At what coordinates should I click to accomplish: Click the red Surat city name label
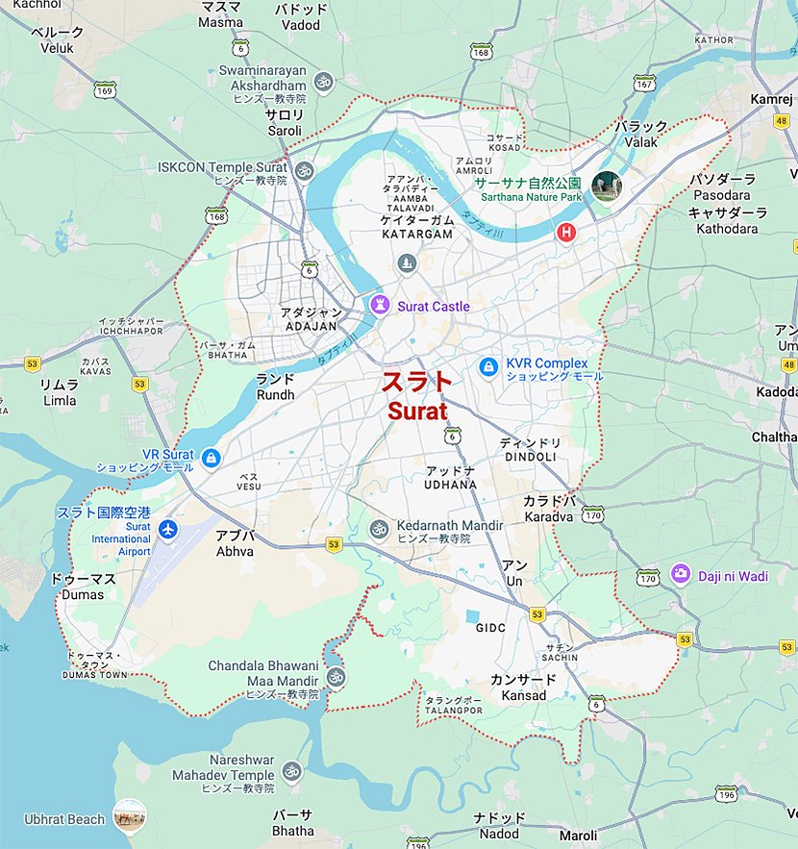click(417, 396)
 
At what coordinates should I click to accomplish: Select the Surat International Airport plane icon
click(169, 529)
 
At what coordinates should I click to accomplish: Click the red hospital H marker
click(567, 232)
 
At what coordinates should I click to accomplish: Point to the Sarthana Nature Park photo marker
click(607, 186)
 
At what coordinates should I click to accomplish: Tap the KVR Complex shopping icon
click(489, 367)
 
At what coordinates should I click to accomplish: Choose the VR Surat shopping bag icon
click(211, 458)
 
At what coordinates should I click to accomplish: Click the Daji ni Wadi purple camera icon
click(681, 573)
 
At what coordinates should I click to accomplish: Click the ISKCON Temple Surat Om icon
click(305, 171)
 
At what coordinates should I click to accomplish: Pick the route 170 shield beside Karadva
click(593, 514)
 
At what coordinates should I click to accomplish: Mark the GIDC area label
click(490, 628)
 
